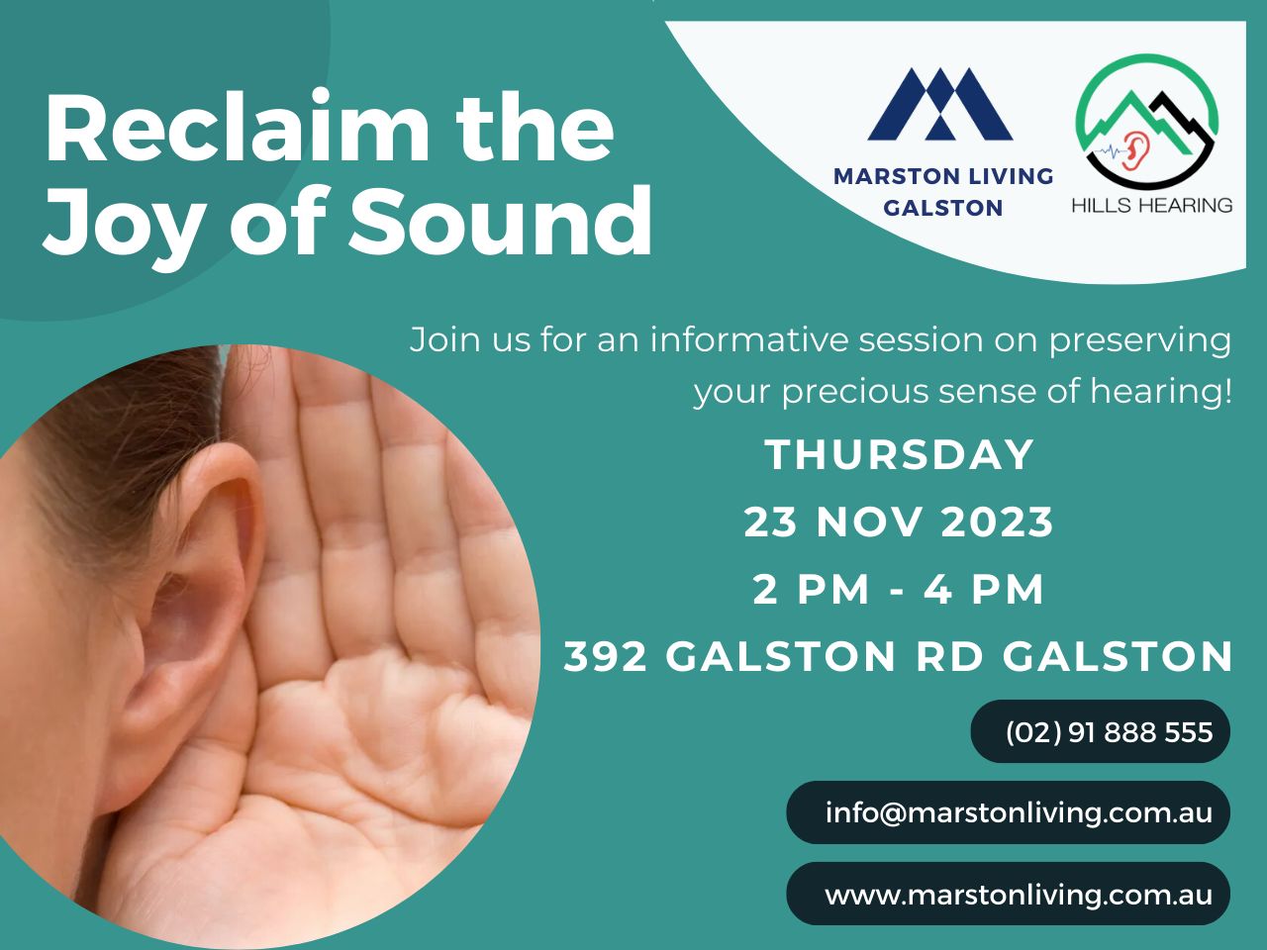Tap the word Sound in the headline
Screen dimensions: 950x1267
[500, 220]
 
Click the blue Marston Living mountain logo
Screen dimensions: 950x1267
[940, 105]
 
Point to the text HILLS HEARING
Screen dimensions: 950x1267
[1151, 205]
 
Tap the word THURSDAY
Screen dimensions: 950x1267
[900, 455]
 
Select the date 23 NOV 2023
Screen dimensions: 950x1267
[899, 522]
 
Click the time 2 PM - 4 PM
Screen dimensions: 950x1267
[899, 590]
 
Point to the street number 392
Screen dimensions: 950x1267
[605, 656]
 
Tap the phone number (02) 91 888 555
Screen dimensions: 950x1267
[1109, 732]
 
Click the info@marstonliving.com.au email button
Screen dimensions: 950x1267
[1019, 812]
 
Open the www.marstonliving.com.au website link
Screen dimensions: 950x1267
[1019, 895]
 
